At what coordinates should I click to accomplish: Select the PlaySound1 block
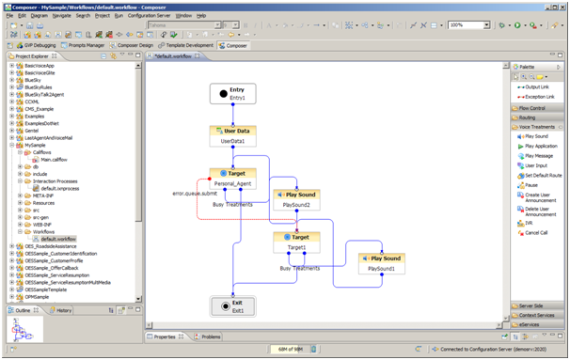pos(381,262)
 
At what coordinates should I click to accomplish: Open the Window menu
pos(184,16)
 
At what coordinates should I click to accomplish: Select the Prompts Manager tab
pos(88,45)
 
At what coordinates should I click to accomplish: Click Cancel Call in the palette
pos(537,232)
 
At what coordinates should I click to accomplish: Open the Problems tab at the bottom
pos(211,336)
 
